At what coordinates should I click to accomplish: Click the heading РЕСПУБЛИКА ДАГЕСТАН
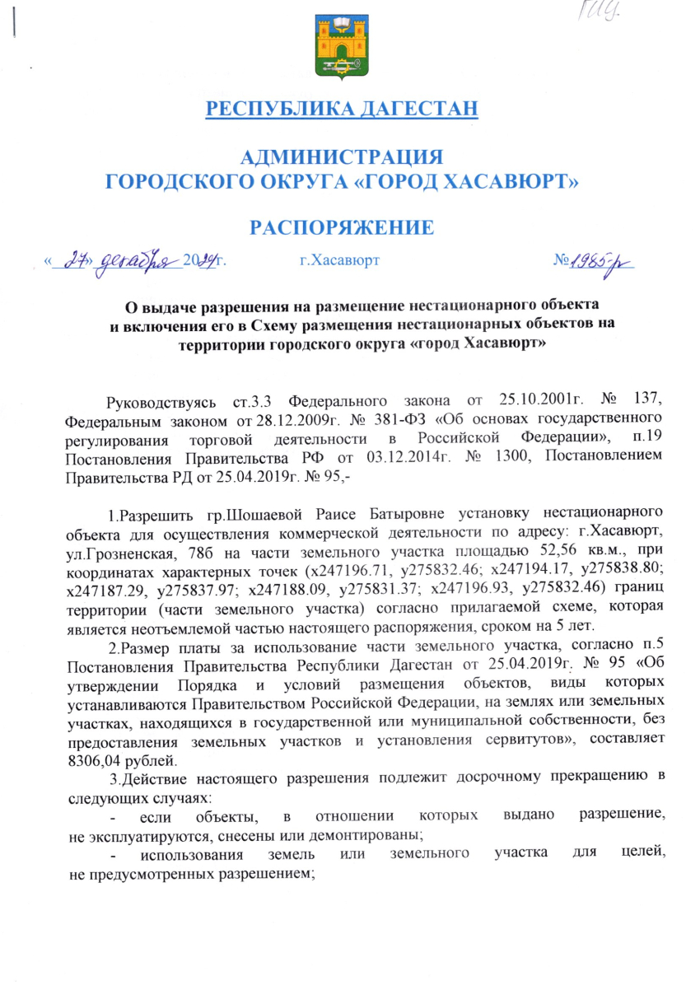[x=341, y=109]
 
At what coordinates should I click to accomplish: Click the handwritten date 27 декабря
[x=124, y=263]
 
